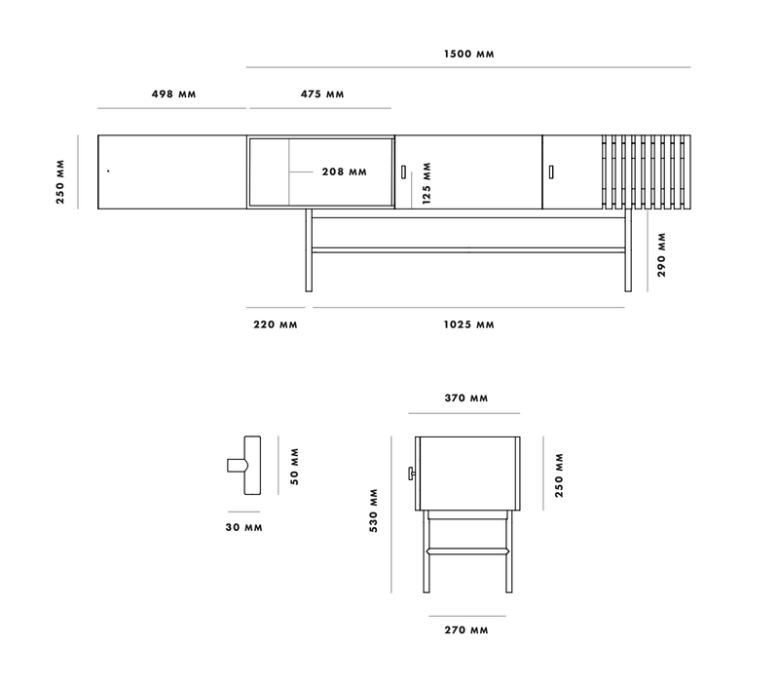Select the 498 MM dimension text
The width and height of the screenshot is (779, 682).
[173, 95]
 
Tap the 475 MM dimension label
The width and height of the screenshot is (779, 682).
[320, 95]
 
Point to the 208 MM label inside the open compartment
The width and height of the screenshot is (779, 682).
[344, 171]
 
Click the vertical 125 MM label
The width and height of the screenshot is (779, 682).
[426, 183]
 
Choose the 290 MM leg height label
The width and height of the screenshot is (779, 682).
[661, 254]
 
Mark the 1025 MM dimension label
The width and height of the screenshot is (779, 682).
[470, 323]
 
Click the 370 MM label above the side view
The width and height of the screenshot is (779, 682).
[465, 398]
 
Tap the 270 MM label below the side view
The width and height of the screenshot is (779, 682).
[465, 630]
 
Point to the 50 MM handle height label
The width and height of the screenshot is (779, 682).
[294, 466]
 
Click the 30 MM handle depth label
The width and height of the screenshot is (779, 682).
[242, 527]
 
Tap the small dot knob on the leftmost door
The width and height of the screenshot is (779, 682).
[108, 171]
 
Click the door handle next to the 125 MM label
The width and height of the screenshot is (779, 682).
[402, 171]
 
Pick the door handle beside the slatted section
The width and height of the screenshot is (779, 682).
[550, 171]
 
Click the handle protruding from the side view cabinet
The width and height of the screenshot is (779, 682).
[412, 474]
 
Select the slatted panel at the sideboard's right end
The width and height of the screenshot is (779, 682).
[646, 171]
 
